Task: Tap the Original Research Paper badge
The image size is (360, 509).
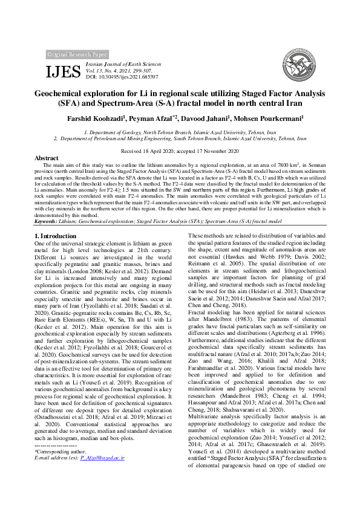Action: pyautogui.click(x=77, y=54)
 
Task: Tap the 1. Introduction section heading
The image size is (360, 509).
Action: pyautogui.click(x=56, y=235)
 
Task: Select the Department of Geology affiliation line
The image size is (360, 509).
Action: pyautogui.click(x=180, y=131)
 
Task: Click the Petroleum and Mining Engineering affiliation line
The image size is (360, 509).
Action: pyautogui.click(x=180, y=138)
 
